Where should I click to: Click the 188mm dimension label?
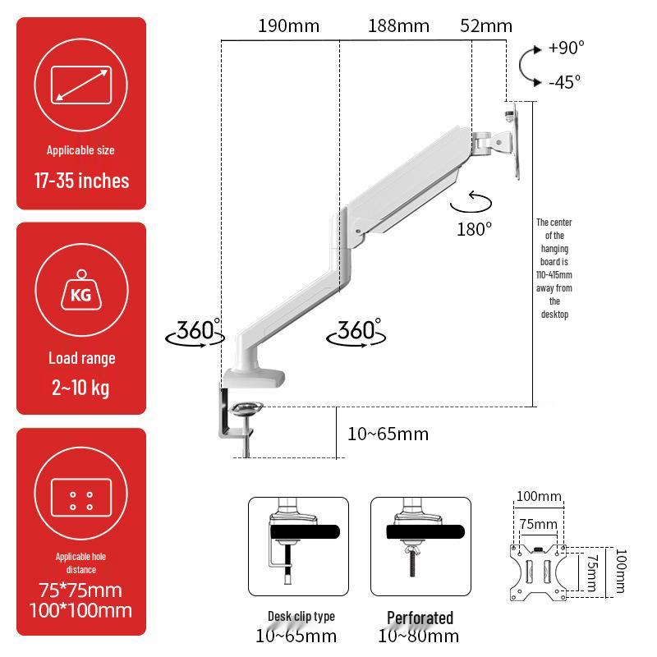coord(398,25)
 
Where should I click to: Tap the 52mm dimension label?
coord(486,25)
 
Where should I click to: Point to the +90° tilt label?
coord(566,47)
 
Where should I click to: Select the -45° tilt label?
coord(564,81)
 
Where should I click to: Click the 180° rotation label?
coord(474,228)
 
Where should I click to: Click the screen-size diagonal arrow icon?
coord(81,85)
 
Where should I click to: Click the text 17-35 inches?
coord(81,181)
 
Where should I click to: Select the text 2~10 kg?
coord(81,387)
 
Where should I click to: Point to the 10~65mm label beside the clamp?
coord(388,434)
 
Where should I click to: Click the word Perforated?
coord(420,617)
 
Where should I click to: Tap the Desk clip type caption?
coord(301,617)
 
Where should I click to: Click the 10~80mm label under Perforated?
coord(419,636)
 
